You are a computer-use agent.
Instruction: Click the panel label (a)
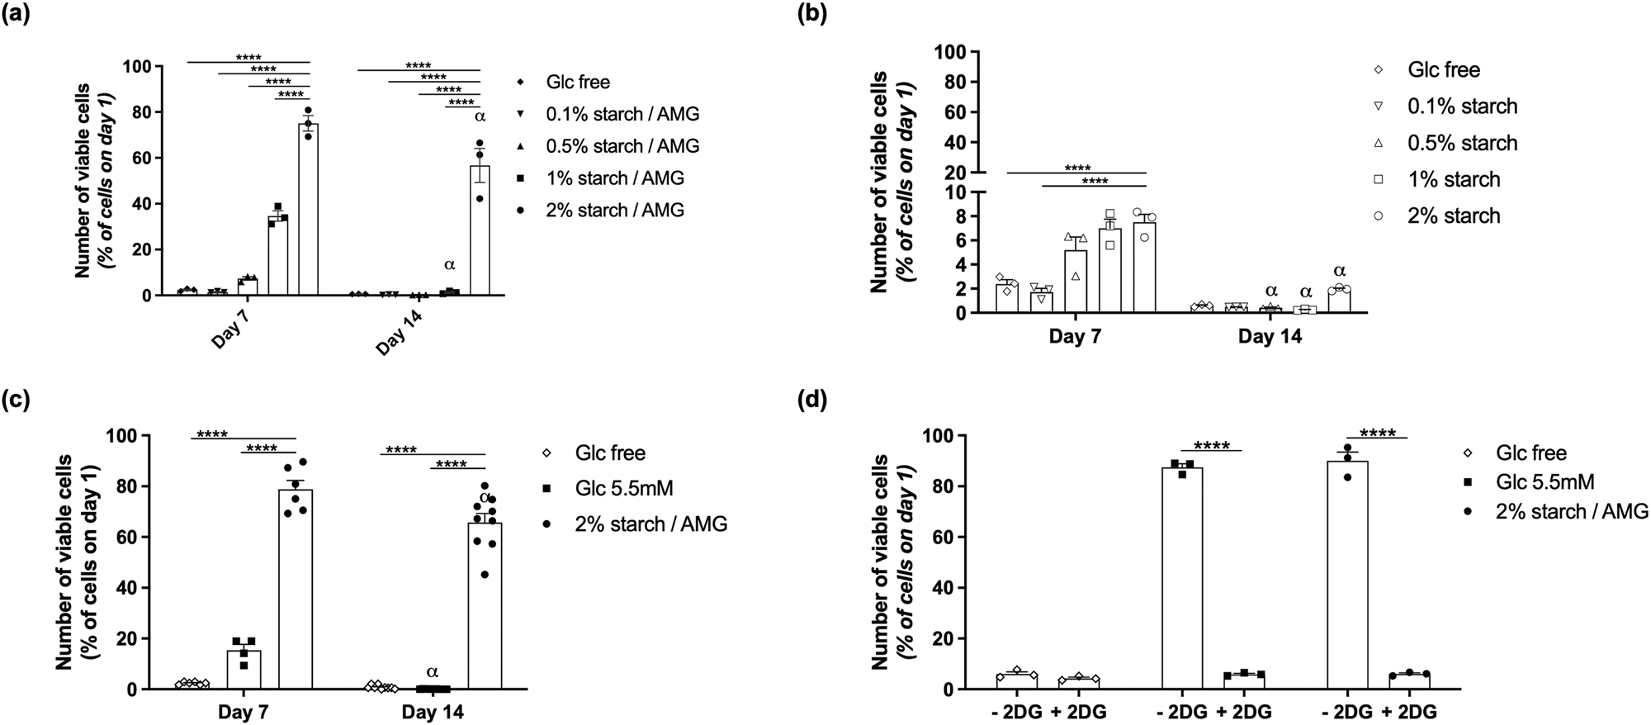click(x=18, y=14)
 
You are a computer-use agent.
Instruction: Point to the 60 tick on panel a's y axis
click(x=145, y=158)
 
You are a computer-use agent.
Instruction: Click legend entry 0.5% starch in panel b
click(x=1462, y=143)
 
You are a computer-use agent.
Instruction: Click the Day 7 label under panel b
click(x=1075, y=337)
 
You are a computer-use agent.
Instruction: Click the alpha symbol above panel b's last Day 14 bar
click(x=1340, y=271)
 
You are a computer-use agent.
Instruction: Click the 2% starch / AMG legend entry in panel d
click(x=1571, y=511)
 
